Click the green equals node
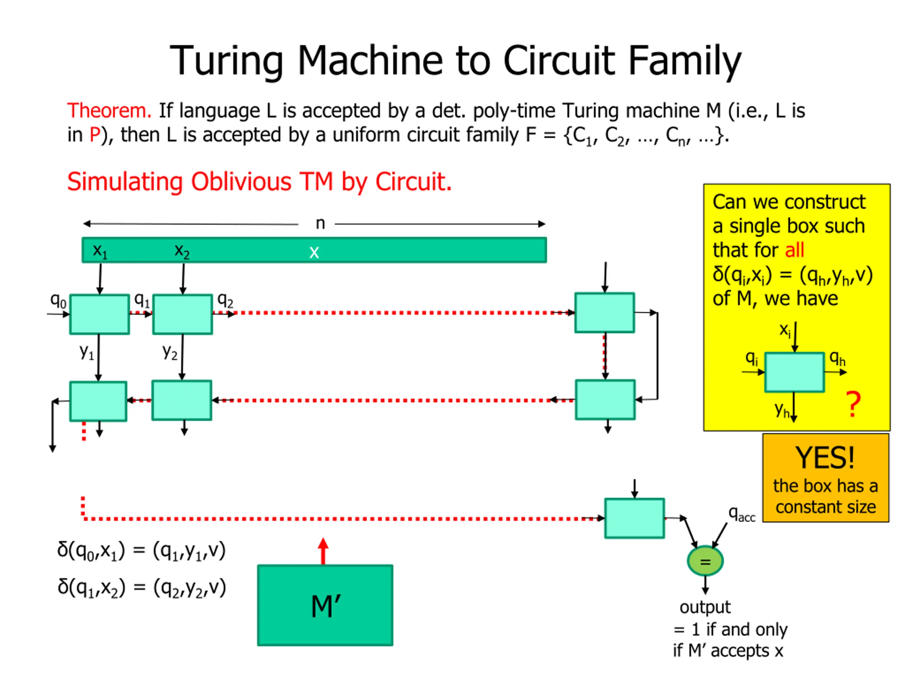[x=705, y=561]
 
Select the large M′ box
[x=325, y=605]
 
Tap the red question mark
[x=853, y=404]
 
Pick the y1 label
[x=87, y=351]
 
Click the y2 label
[x=170, y=351]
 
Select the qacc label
[x=741, y=513]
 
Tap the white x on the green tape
[x=314, y=252]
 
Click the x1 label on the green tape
[x=100, y=250]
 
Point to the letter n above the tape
[x=320, y=224]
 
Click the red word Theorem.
[x=109, y=111]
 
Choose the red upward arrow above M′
[x=323, y=551]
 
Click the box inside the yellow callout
[x=794, y=372]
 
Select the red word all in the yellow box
[x=795, y=250]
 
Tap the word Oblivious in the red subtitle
[x=241, y=182]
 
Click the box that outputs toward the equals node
[x=635, y=518]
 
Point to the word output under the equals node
[x=705, y=607]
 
